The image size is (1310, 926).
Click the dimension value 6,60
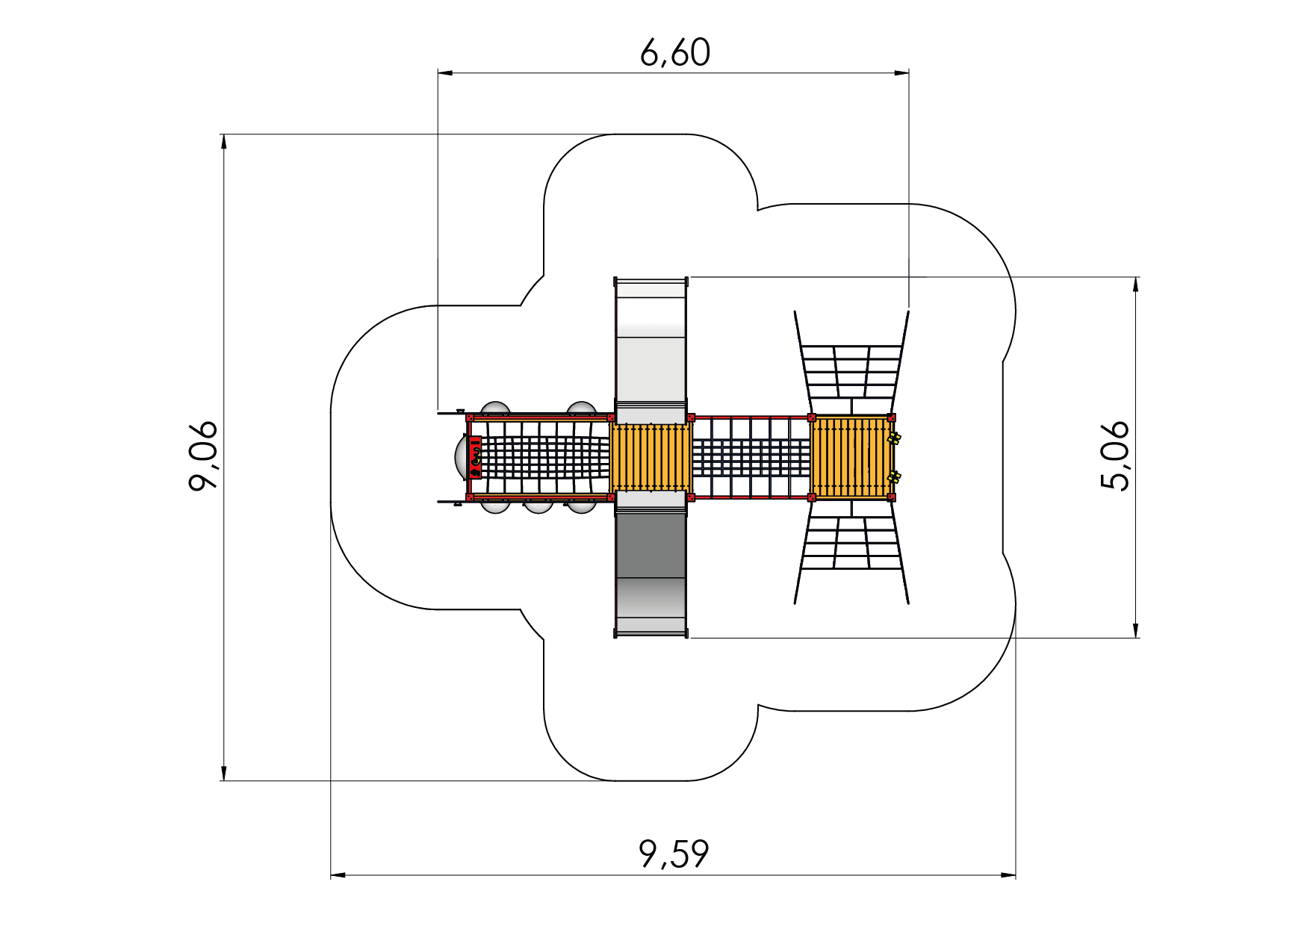(x=675, y=53)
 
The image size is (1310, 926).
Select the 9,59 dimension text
(x=674, y=854)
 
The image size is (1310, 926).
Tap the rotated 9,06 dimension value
(x=203, y=456)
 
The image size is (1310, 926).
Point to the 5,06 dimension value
(x=1115, y=456)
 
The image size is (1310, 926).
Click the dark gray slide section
(x=651, y=545)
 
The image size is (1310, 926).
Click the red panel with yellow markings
(x=475, y=457)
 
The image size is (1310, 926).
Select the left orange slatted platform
(x=651, y=457)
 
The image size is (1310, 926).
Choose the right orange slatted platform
(x=850, y=457)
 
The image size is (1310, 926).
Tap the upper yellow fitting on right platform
(x=893, y=438)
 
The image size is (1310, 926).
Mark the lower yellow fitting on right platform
(x=893, y=476)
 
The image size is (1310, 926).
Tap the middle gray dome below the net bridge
(x=538, y=506)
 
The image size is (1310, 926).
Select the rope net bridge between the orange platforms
(x=751, y=457)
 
